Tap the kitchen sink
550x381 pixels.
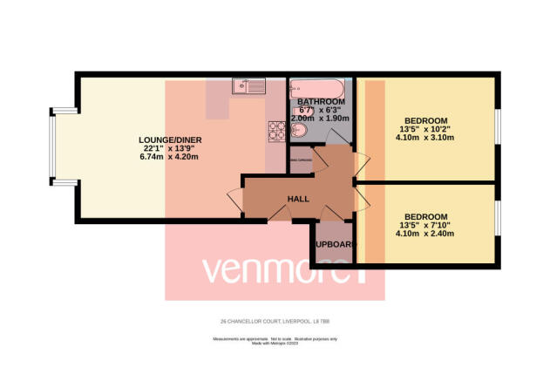(x=248, y=85)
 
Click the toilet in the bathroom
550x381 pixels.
(x=299, y=131)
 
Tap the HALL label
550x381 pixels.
(x=299, y=199)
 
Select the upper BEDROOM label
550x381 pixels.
(x=426, y=120)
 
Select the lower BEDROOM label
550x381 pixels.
(x=426, y=216)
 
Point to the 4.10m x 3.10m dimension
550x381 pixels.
(x=426, y=138)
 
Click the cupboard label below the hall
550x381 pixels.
(x=335, y=245)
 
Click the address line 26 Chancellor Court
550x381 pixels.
(x=275, y=319)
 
